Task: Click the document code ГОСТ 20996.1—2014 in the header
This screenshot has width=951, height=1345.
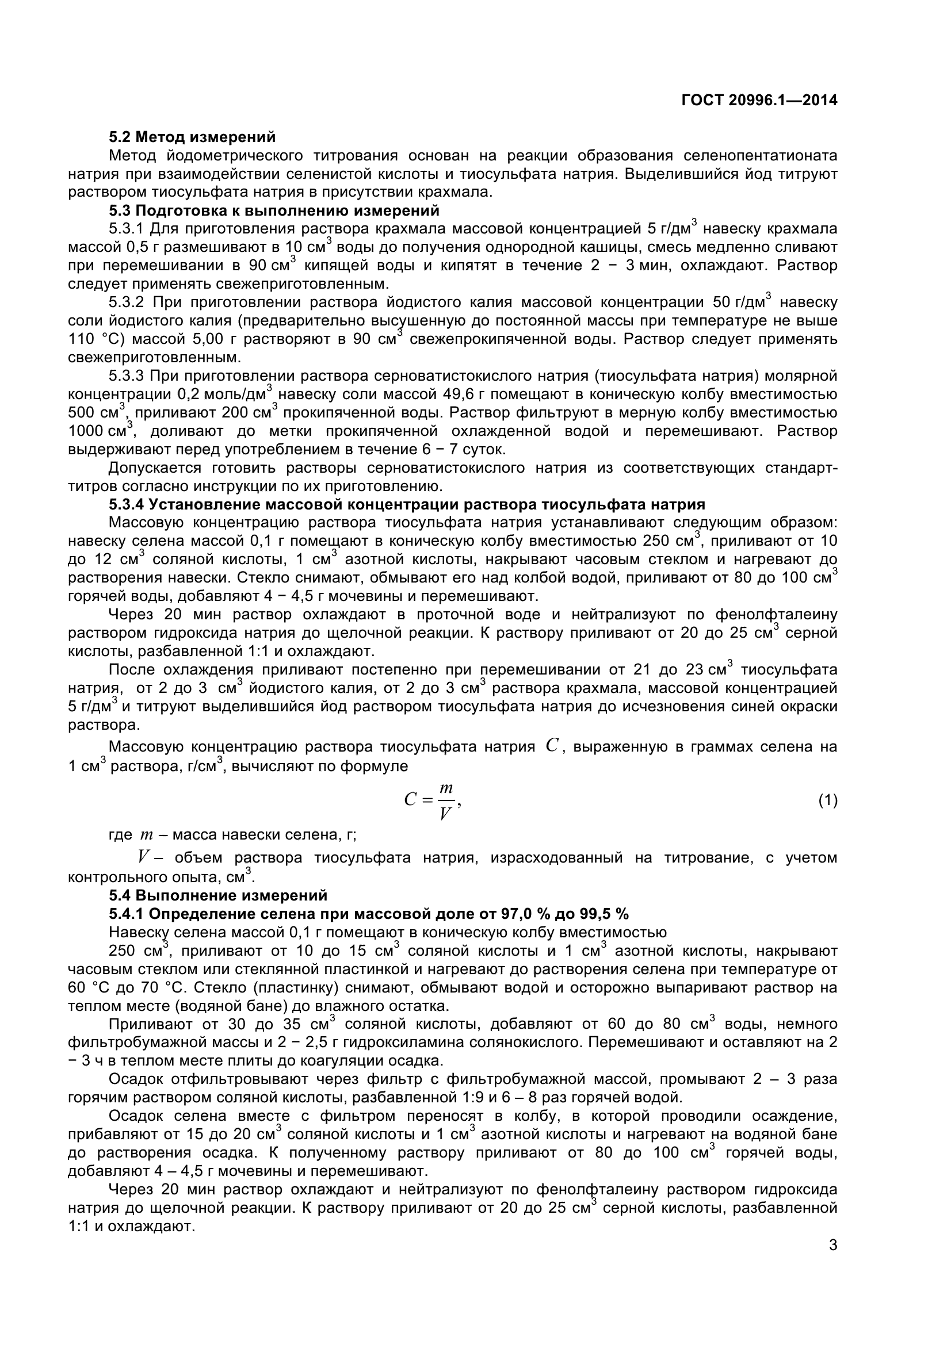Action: point(759,101)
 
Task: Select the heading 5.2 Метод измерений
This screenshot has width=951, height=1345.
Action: point(192,137)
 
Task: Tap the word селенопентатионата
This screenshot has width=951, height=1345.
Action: point(752,156)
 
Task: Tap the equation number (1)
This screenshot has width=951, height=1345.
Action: point(827,801)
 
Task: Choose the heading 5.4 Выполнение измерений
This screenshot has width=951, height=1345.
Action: point(218,895)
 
